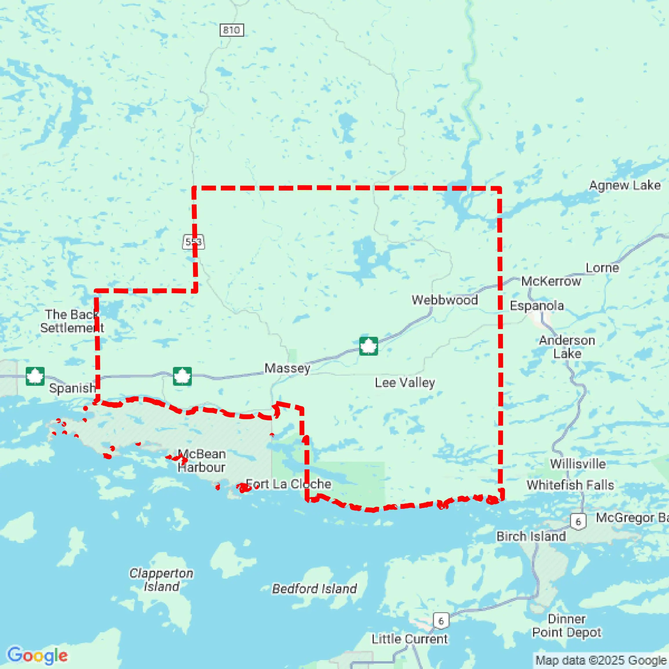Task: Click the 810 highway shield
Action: point(231,30)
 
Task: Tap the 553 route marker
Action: point(193,242)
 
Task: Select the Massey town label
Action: point(287,368)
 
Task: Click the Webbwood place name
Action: point(444,300)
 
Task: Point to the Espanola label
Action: point(537,306)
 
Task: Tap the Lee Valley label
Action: point(405,383)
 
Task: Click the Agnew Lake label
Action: point(625,185)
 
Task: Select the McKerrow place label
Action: point(551,281)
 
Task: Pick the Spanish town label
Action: point(72,388)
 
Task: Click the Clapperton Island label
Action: point(161,580)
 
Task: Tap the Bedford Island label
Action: point(314,589)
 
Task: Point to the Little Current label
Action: point(409,639)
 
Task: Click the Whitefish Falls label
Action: point(570,485)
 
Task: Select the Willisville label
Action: point(577,464)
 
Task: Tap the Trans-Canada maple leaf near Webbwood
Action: point(368,346)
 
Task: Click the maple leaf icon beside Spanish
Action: point(35,376)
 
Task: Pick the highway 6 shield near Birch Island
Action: point(578,522)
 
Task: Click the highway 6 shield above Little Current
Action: point(441,621)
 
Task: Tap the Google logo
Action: point(37,655)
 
